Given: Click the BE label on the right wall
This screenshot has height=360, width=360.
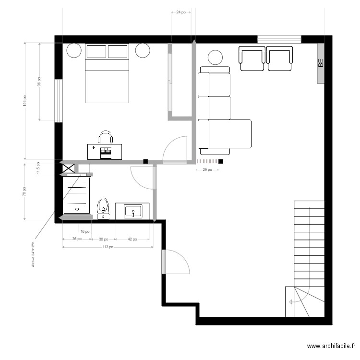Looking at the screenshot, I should click(x=321, y=62).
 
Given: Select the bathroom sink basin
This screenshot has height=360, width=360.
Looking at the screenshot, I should click(x=133, y=211).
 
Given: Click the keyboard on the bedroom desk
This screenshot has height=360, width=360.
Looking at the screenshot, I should click(x=105, y=153).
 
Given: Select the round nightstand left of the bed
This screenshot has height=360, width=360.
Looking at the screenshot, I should click(x=74, y=50).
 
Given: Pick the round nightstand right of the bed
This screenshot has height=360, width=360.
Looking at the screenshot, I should click(x=143, y=50).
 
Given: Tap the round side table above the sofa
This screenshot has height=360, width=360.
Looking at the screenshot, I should click(x=215, y=58).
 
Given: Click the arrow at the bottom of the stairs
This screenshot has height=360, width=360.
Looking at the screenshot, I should click(x=292, y=301).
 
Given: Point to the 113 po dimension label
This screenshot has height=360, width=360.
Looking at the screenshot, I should click(x=108, y=248).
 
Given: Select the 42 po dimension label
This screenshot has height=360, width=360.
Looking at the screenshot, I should click(x=132, y=239).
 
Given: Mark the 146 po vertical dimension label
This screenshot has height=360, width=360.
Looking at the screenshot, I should click(x=24, y=101).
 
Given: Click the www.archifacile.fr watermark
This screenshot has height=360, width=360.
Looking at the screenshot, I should click(x=332, y=346).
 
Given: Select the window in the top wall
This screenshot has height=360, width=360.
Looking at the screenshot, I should click(x=279, y=39).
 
